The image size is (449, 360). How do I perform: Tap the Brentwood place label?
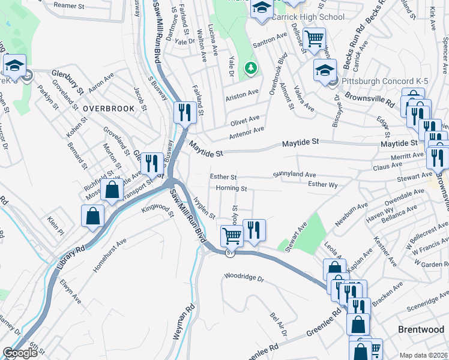coord(421,329)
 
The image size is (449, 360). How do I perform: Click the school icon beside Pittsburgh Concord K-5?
coord(324,70)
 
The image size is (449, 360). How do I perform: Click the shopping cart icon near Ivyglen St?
coord(231,236)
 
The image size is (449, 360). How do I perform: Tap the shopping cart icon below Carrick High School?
coord(313,39)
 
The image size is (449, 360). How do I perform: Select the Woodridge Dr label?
coord(244,278)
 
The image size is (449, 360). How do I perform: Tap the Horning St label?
coord(232,188)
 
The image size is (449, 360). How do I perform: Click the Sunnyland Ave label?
coord(294,174)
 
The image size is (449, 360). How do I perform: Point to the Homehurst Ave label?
coord(110,256)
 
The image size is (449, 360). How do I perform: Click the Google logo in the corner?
coord(20,353)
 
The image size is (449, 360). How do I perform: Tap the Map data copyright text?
coord(423,355)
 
